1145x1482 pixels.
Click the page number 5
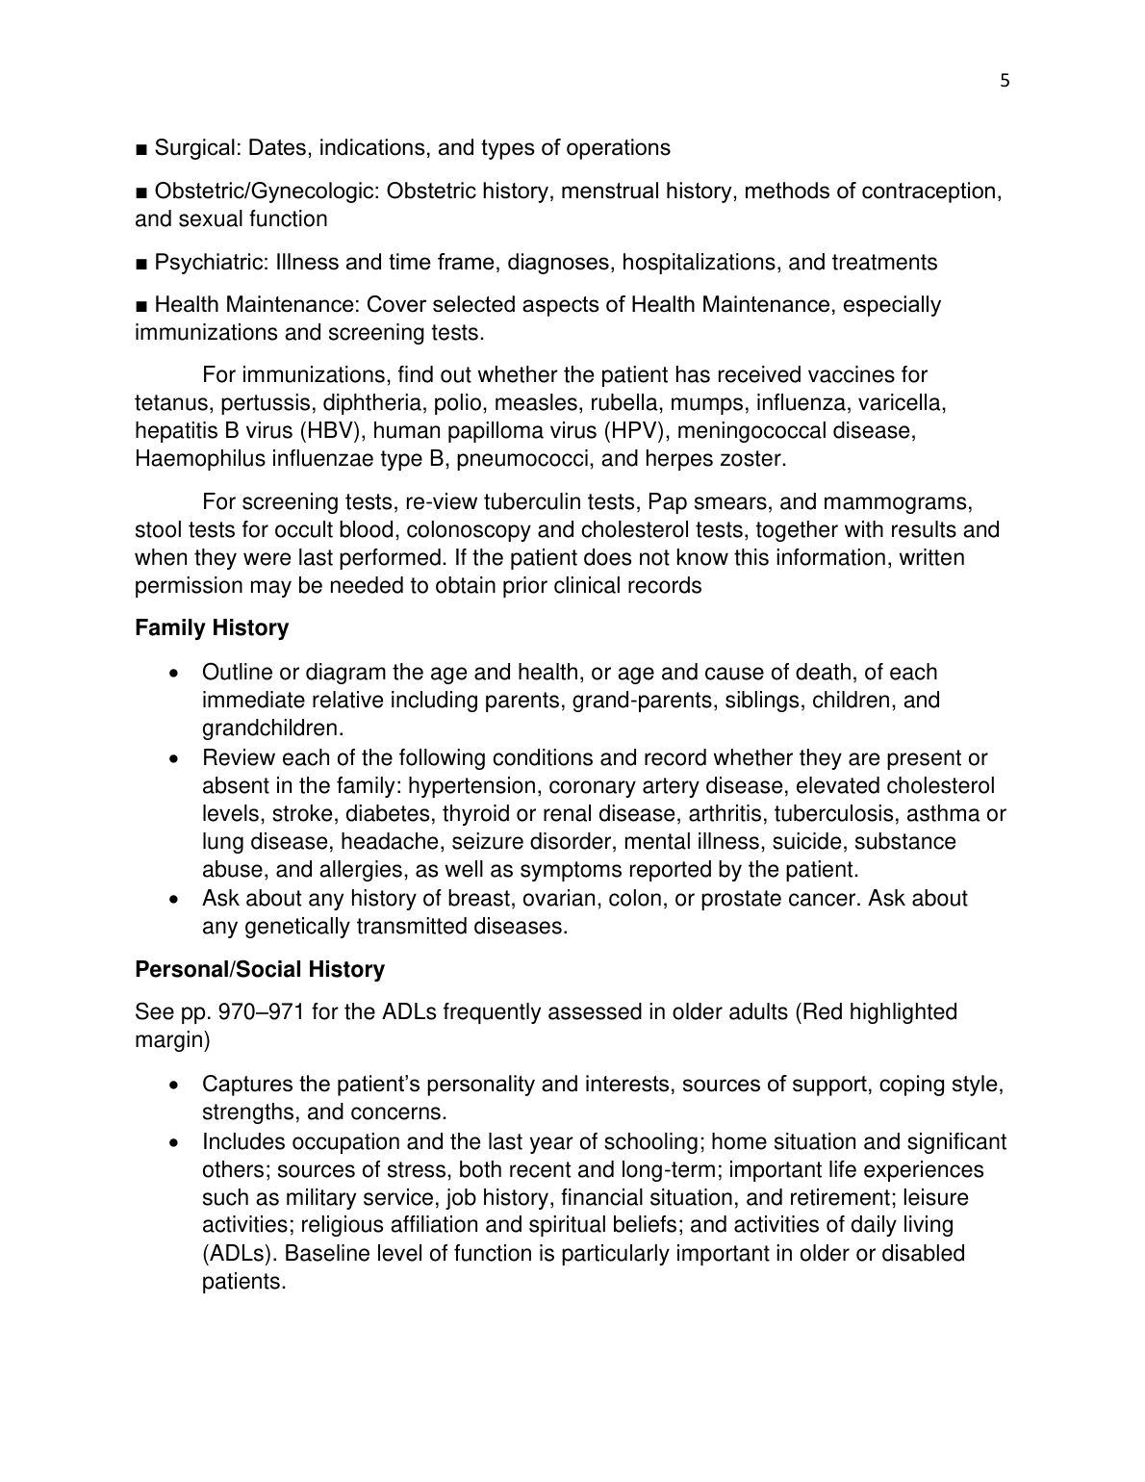point(1005,81)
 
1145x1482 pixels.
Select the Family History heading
point(212,627)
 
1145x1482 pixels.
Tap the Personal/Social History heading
point(260,969)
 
